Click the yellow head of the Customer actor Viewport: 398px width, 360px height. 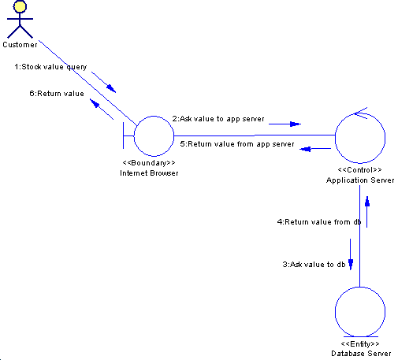(x=20, y=6)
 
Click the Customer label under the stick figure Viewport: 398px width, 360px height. (x=20, y=45)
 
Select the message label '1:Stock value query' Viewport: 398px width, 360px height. (x=50, y=67)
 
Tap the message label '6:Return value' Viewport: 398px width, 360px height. (x=57, y=94)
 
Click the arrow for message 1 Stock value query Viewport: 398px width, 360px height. (x=103, y=82)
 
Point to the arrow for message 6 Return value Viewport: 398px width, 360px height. (x=102, y=109)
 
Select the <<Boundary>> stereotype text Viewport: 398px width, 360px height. (x=149, y=163)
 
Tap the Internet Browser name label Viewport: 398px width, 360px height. (x=149, y=173)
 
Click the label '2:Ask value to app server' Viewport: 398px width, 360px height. (x=218, y=119)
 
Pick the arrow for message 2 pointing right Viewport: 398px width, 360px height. (x=285, y=124)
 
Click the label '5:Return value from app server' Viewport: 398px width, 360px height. (x=237, y=144)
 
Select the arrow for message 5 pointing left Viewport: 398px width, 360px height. (x=315, y=149)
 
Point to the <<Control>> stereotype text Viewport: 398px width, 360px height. (x=359, y=170)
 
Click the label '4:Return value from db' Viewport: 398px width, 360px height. (x=319, y=222)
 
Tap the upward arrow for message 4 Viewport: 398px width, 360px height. (x=367, y=212)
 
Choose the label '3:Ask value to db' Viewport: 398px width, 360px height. (x=314, y=264)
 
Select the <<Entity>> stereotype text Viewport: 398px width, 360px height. (x=360, y=343)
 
